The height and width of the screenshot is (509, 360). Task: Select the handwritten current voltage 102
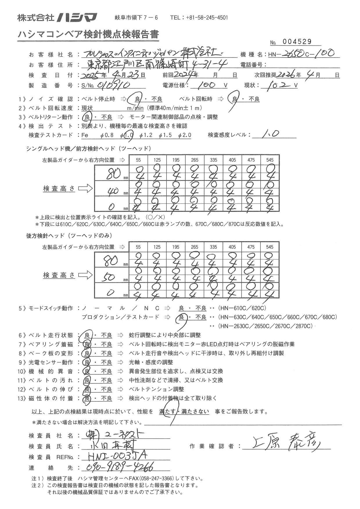point(277,86)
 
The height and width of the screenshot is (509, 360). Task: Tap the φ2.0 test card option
point(185,135)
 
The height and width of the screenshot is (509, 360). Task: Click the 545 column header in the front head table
point(270,160)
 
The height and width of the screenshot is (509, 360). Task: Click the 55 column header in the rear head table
point(138,247)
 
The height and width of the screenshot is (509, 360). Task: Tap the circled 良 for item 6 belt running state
point(86,335)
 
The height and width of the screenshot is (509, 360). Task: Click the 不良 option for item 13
point(106,398)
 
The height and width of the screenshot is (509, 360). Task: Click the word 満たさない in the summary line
point(195,411)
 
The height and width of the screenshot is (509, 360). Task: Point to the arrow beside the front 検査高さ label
point(85,189)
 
